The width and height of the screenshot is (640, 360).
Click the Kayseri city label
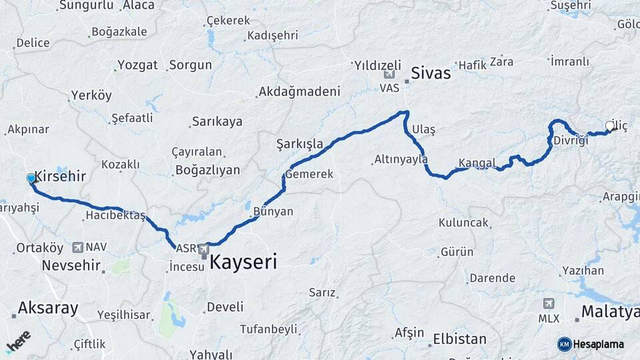(243, 262)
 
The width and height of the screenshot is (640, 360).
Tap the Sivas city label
(431, 73)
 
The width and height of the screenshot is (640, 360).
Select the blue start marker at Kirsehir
(31, 178)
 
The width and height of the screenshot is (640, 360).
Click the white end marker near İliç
(609, 125)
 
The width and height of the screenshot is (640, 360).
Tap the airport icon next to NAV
(78, 247)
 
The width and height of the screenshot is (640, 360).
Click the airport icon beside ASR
(203, 249)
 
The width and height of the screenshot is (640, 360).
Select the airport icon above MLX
(548, 303)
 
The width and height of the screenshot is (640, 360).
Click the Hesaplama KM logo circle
(565, 344)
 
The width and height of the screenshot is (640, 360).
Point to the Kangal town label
(477, 163)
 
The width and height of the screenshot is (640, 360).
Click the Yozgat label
(137, 65)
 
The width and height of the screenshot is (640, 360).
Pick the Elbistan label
(459, 339)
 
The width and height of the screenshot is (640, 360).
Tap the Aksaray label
(48, 308)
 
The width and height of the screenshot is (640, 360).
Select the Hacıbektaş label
(115, 215)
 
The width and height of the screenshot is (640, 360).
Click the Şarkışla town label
(299, 144)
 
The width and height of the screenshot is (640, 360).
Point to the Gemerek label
(309, 175)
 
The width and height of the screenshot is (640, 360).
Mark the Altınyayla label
(401, 159)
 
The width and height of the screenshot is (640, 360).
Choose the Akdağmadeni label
(299, 91)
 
